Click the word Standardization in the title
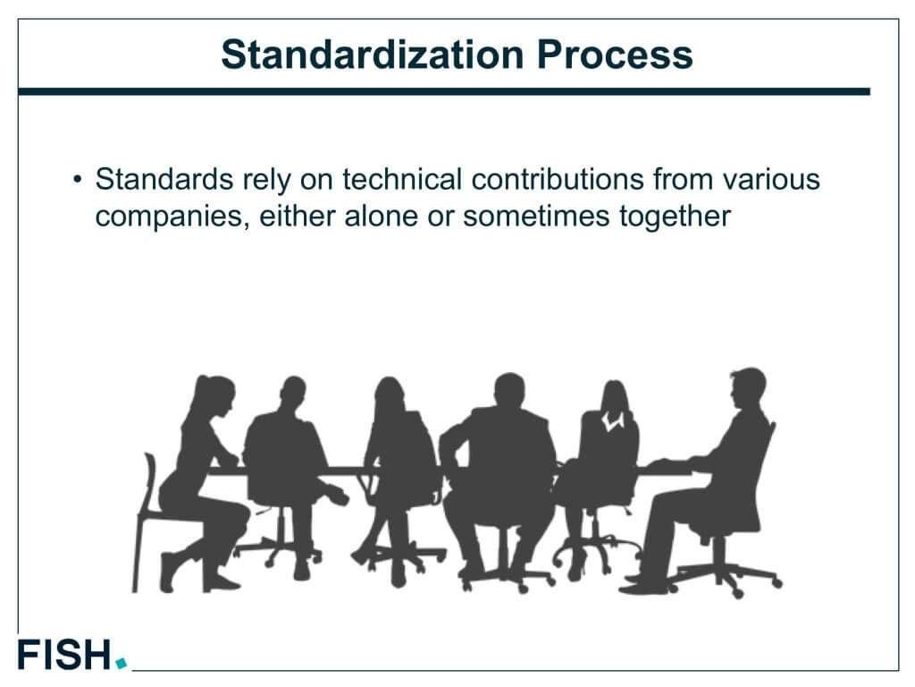click(373, 55)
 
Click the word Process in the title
click(615, 55)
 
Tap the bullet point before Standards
click(78, 179)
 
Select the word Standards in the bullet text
click(164, 179)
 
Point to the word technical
click(402, 179)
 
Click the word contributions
click(558, 179)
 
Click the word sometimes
click(536, 216)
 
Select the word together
click(675, 217)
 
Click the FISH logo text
click(64, 654)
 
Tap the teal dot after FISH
click(121, 663)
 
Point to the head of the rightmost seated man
click(748, 387)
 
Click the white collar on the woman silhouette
click(613, 420)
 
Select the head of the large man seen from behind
click(509, 390)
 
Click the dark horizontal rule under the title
click(444, 92)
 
